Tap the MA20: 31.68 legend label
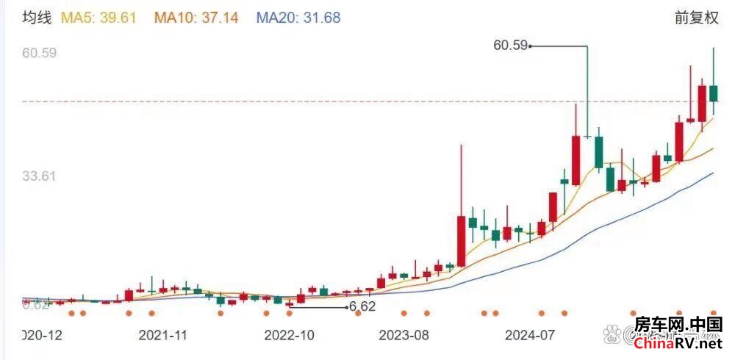click(x=298, y=17)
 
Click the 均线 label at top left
click(x=37, y=17)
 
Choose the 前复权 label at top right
click(x=696, y=18)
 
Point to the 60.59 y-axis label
click(x=40, y=53)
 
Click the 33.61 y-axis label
click(x=40, y=176)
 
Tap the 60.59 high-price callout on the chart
click(x=511, y=46)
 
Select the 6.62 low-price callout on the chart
click(x=362, y=306)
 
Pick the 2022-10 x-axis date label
click(x=290, y=335)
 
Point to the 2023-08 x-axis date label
click(x=404, y=335)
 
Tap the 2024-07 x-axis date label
click(x=530, y=335)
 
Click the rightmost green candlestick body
click(x=713, y=93)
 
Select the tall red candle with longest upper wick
click(x=461, y=240)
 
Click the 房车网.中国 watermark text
click(x=678, y=325)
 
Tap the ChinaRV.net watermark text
click(x=678, y=343)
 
